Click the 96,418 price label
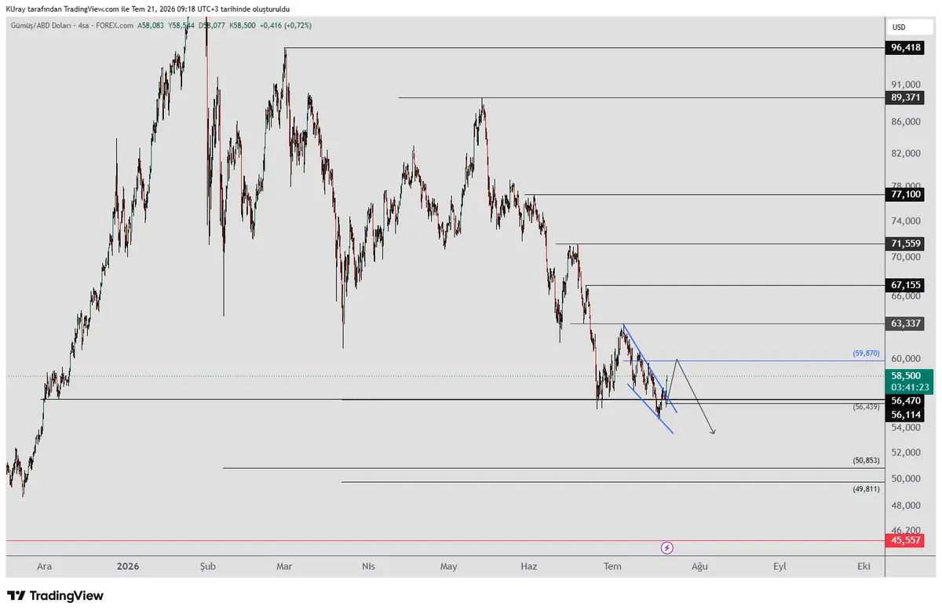pos(904,48)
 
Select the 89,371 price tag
pos(904,97)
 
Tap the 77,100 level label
pos(904,194)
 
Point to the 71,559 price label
pos(904,243)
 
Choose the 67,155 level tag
pos(904,285)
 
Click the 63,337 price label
pos(904,323)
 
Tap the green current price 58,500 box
pos(909,382)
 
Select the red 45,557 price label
pos(904,540)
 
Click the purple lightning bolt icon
pos(666,548)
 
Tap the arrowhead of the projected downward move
pos(714,433)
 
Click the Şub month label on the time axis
pos(208,566)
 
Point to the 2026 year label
pos(128,566)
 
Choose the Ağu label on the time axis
pos(699,567)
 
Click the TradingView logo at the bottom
pos(55,596)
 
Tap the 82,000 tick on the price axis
pos(905,154)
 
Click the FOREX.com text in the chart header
pos(115,26)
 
